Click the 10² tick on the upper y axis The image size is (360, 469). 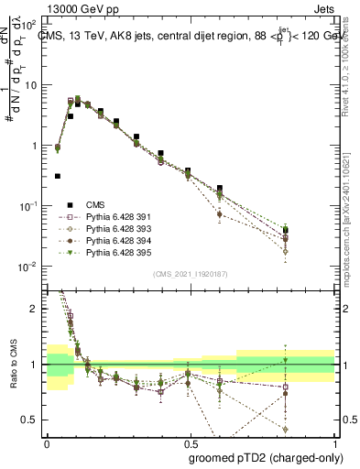(x=32, y=25)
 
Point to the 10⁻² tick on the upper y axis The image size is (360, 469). (x=32, y=267)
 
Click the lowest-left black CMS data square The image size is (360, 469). (x=58, y=176)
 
